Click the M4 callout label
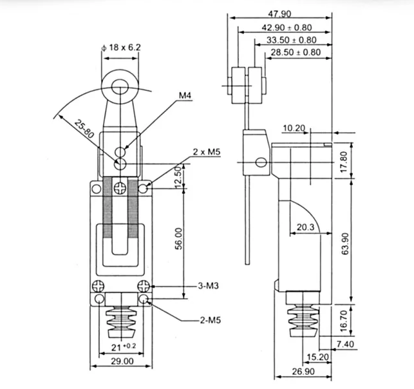pos(185,96)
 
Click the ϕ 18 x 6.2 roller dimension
pos(121,46)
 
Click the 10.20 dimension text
pos(294,128)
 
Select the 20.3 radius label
pos(306,227)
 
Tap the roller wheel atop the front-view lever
pos(120,84)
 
